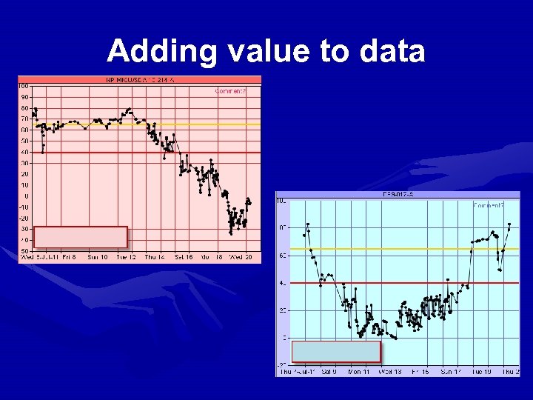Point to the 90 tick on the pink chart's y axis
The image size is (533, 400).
point(24,97)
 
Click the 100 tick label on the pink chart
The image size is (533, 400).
point(24,86)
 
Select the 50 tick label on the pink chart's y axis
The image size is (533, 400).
point(24,141)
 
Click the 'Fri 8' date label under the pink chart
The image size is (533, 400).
point(69,258)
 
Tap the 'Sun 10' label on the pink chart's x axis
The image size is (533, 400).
point(98,258)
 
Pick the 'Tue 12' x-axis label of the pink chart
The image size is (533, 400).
point(127,258)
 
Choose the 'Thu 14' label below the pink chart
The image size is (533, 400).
point(155,258)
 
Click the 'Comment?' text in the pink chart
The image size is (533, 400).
point(230,91)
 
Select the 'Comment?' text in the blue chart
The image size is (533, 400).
point(489,205)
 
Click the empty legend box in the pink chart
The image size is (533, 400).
point(81,237)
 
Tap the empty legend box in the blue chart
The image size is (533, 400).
point(336,352)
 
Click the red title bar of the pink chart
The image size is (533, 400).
point(140,79)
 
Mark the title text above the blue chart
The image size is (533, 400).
point(397,195)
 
